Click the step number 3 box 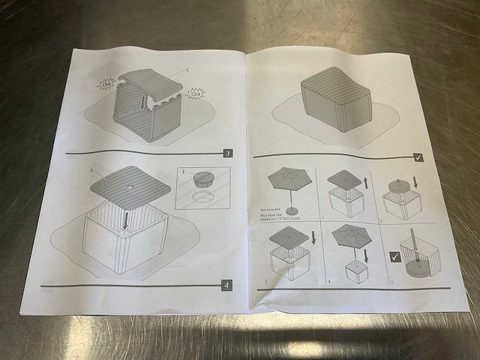[x=228, y=154]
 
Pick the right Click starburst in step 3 [x=196, y=94]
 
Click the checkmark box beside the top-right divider [x=418, y=157]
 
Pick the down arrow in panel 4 [x=365, y=256]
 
